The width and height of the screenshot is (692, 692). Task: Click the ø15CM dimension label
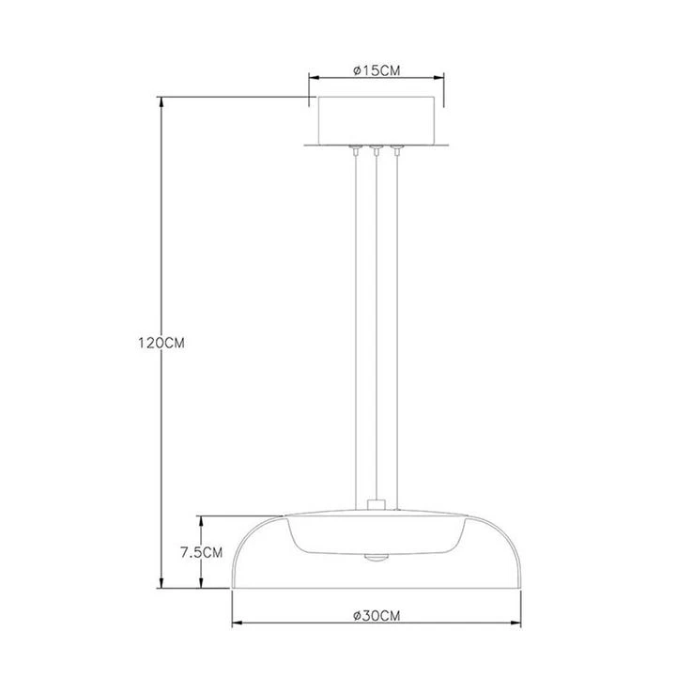pos(377,70)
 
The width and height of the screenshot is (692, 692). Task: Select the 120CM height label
pos(161,343)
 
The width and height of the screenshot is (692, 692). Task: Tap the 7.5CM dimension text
pos(201,552)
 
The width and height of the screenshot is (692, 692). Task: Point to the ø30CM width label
pos(377,616)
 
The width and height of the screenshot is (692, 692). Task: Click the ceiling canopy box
pos(377,120)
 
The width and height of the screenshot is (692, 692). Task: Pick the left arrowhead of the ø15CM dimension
pos(314,78)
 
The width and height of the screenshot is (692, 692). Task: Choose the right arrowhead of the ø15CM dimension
pos(438,78)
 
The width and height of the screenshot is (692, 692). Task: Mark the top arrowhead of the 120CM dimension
pos(161,101)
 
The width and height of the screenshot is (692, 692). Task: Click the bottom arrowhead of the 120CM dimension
pos(161,583)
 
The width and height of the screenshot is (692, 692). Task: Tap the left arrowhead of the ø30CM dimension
pos(238,623)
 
